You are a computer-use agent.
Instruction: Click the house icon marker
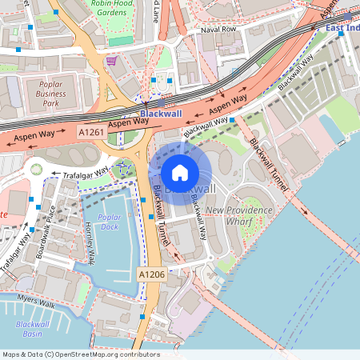[180, 172]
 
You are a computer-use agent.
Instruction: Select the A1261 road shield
[90, 130]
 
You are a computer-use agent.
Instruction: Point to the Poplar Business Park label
[45, 93]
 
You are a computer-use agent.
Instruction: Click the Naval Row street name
[219, 29]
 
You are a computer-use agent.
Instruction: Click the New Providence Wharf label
[239, 215]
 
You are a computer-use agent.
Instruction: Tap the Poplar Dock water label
[108, 222]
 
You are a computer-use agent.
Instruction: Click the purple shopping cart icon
[113, 60]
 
